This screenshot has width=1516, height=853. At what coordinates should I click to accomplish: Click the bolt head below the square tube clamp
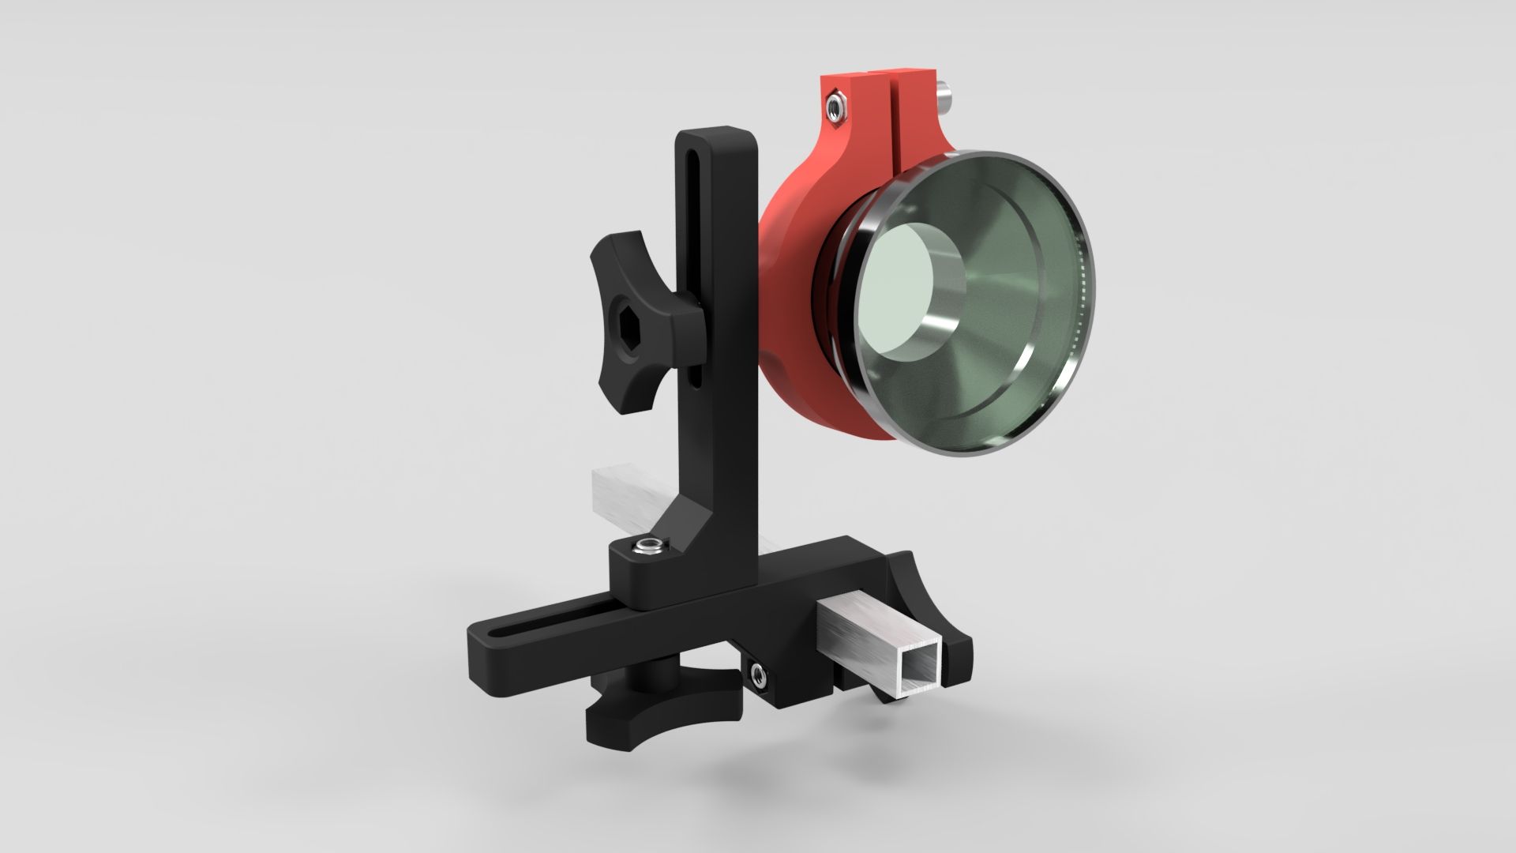tap(760, 673)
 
